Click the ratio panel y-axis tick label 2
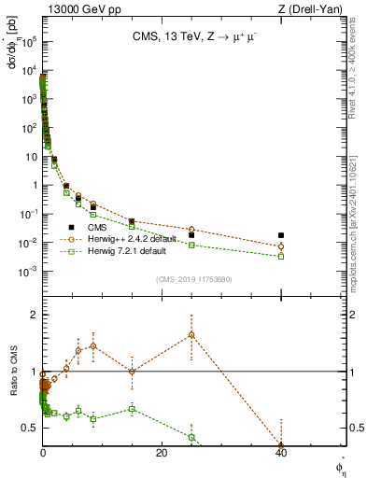(34, 315)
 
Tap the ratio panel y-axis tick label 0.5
(31, 428)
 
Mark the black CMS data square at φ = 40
(281, 235)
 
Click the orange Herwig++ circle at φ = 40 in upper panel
(281, 246)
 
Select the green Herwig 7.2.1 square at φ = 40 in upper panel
(281, 256)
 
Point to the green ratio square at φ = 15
(132, 409)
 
